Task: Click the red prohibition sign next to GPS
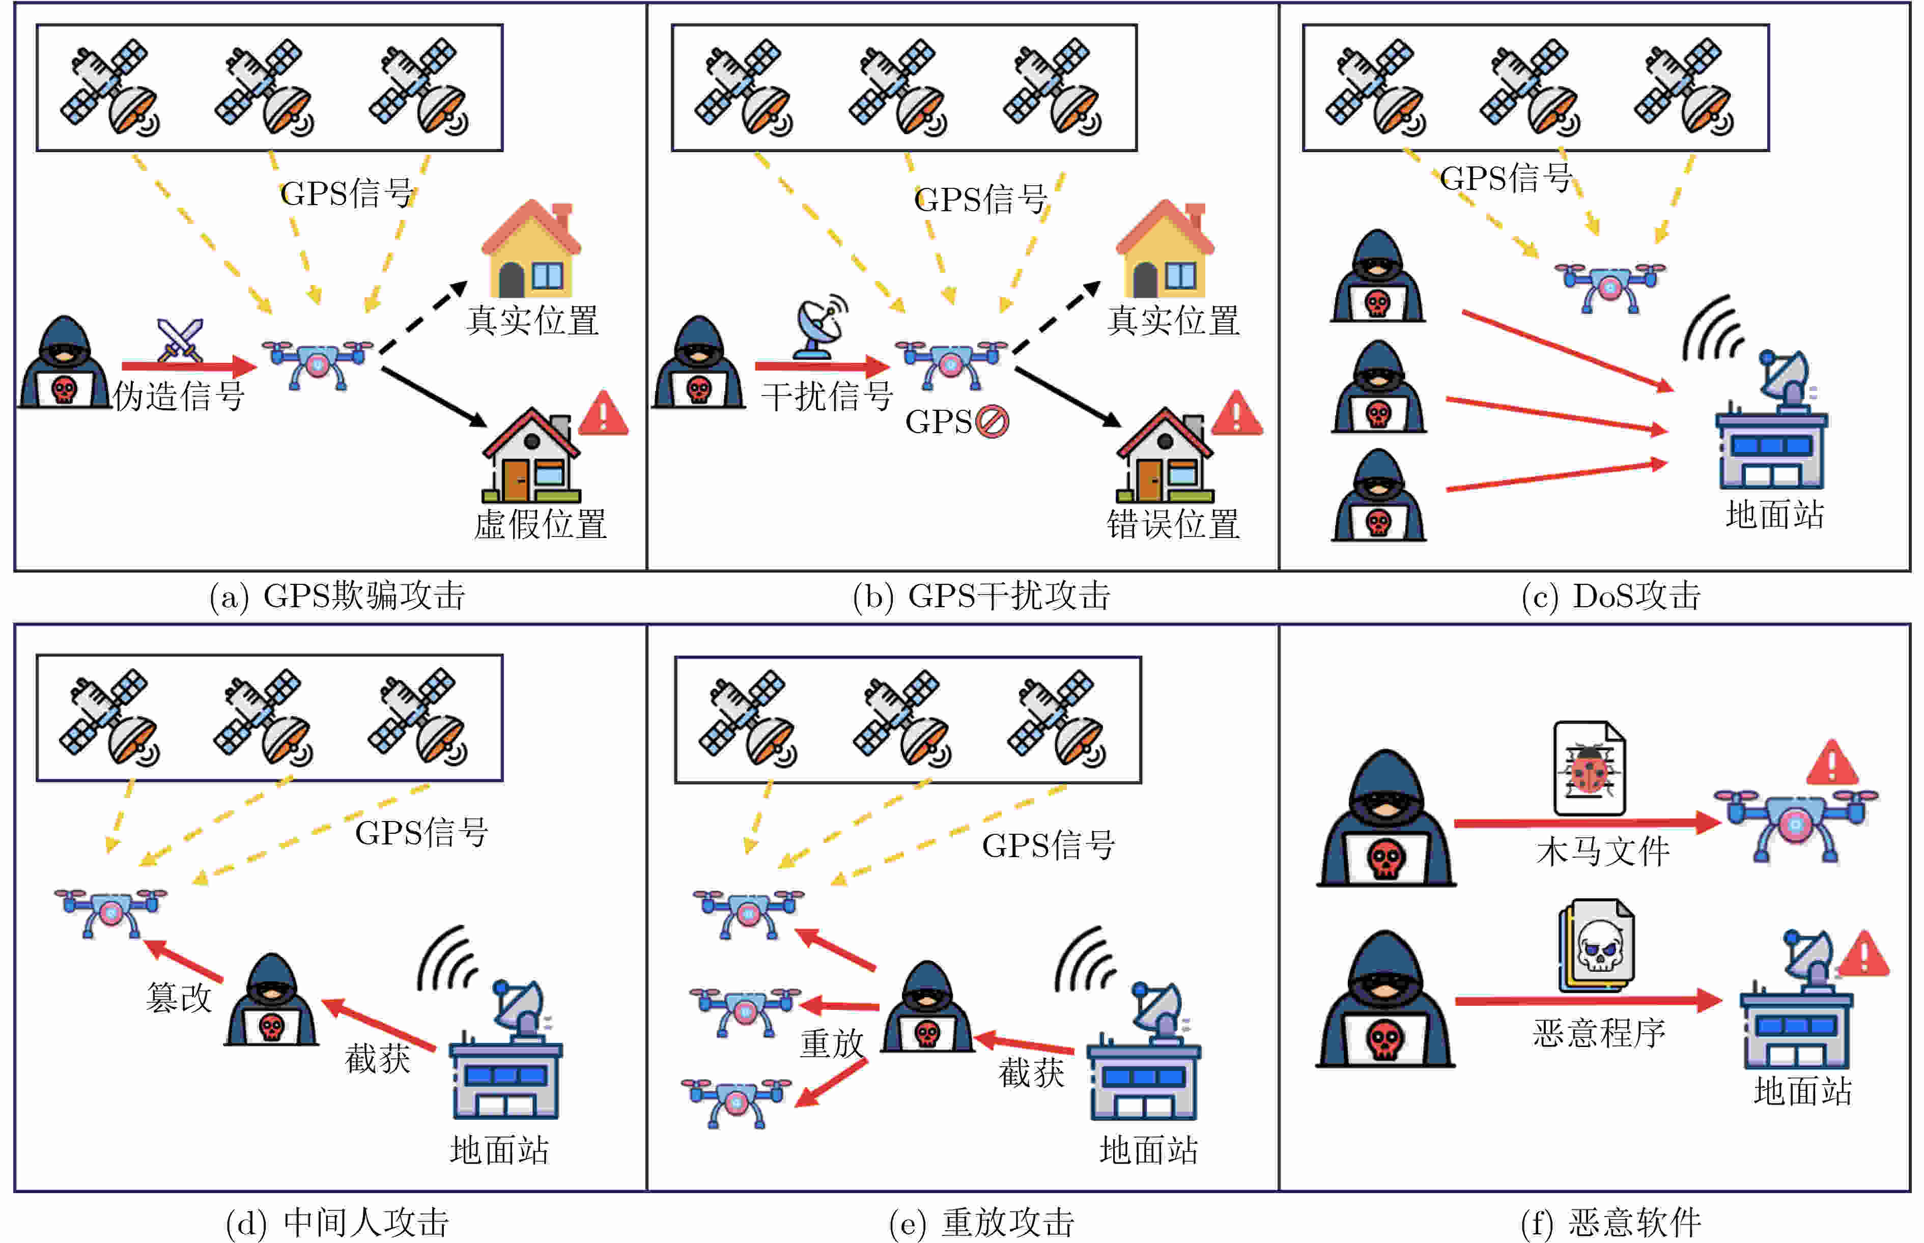pyautogui.click(x=992, y=421)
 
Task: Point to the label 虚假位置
pyautogui.click(x=540, y=525)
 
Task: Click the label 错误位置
pyautogui.click(x=1173, y=525)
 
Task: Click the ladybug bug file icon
pyautogui.click(x=1589, y=769)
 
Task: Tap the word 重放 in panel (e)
pyautogui.click(x=831, y=1043)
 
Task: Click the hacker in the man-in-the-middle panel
pyautogui.click(x=271, y=1001)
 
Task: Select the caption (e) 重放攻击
pyautogui.click(x=981, y=1223)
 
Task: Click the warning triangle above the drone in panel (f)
pyautogui.click(x=1831, y=762)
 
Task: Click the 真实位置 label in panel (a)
pyautogui.click(x=532, y=321)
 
